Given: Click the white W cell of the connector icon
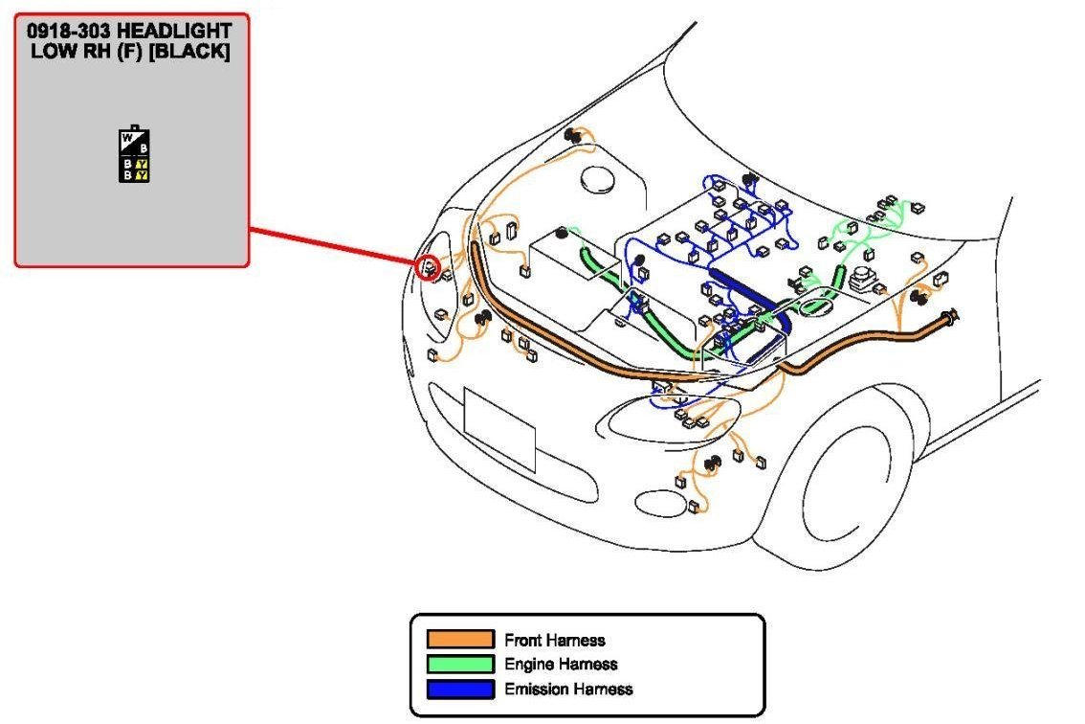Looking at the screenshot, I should tap(126, 141).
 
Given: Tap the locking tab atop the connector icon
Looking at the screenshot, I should tap(134, 126).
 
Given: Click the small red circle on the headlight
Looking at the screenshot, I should tap(430, 264).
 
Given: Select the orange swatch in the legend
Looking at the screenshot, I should tap(459, 640).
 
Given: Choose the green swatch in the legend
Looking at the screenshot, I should tap(459, 664).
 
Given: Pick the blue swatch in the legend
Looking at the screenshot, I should tap(459, 689).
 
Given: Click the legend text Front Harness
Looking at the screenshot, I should tap(555, 640).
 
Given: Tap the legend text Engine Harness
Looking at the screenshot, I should tap(561, 664).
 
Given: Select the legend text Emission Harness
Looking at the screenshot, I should tap(568, 689).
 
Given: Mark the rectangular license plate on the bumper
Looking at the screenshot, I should tap(498, 429).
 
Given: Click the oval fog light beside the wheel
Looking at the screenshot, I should tap(660, 502).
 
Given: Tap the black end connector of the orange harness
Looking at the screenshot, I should tap(951, 317).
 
